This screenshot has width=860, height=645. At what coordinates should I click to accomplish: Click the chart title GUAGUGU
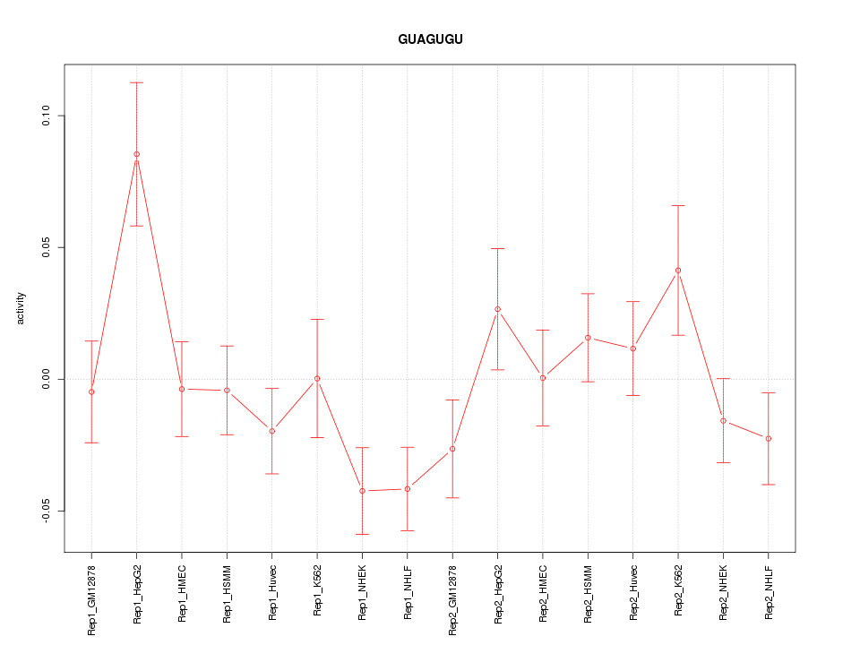pyautogui.click(x=430, y=39)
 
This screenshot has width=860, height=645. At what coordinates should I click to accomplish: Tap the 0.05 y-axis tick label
pyautogui.click(x=47, y=248)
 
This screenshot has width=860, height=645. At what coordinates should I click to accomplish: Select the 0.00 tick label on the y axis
pyautogui.click(x=47, y=379)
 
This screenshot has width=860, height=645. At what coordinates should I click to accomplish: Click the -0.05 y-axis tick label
pyautogui.click(x=47, y=511)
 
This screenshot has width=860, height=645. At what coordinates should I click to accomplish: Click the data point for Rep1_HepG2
pyautogui.click(x=137, y=154)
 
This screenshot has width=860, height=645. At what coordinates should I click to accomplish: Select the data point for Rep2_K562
pyautogui.click(x=678, y=271)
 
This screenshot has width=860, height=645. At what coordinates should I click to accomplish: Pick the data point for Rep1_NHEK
pyautogui.click(x=362, y=491)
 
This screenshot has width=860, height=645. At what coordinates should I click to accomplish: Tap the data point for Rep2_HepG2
pyautogui.click(x=498, y=309)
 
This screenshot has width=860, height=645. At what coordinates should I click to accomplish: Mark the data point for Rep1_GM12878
pyautogui.click(x=91, y=391)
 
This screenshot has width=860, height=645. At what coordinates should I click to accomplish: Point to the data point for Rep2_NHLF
pyautogui.click(x=769, y=438)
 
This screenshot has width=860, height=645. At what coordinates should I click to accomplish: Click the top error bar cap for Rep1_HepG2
pyautogui.click(x=137, y=82)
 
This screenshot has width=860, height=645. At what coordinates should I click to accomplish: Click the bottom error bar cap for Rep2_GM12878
pyautogui.click(x=452, y=497)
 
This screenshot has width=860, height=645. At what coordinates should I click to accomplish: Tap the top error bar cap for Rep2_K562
pyautogui.click(x=678, y=206)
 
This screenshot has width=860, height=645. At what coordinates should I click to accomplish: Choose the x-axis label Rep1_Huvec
pyautogui.click(x=272, y=595)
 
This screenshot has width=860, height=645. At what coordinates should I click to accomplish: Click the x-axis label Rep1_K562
pyautogui.click(x=317, y=596)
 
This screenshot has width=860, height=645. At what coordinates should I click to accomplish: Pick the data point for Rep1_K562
pyautogui.click(x=317, y=379)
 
